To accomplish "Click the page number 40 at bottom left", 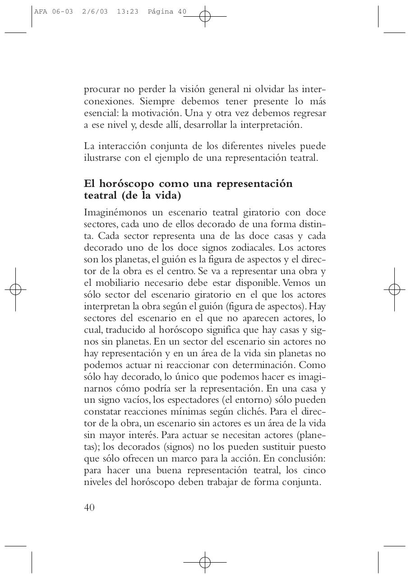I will [89, 507].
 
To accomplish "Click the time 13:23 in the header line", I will [127, 12].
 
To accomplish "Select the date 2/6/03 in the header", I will [95, 12].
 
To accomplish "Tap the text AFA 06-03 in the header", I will [53, 12].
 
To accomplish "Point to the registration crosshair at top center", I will [205, 17].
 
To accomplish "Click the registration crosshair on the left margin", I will [15, 289].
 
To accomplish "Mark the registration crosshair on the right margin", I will [395, 289].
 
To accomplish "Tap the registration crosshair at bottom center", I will [205, 562].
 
